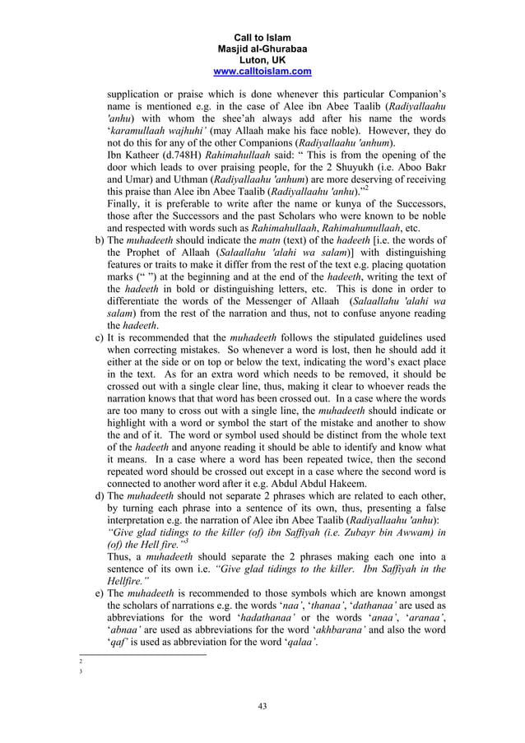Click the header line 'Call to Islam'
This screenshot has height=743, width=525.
tap(262, 38)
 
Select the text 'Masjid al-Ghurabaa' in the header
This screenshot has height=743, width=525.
tap(262, 49)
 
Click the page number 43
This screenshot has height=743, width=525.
tap(262, 705)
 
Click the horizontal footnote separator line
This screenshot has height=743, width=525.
tap(141, 655)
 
